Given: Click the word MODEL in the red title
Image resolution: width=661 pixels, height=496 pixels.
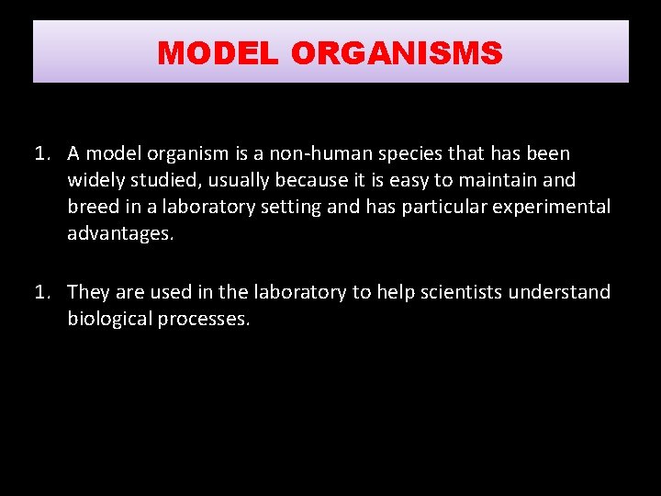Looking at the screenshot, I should [x=217, y=53].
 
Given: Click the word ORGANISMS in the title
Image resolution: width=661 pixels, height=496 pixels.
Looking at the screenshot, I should [x=397, y=53].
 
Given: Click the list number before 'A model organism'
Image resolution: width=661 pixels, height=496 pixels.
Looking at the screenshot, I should [x=42, y=153].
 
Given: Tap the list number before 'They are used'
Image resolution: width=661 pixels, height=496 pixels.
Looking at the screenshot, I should [x=42, y=292].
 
